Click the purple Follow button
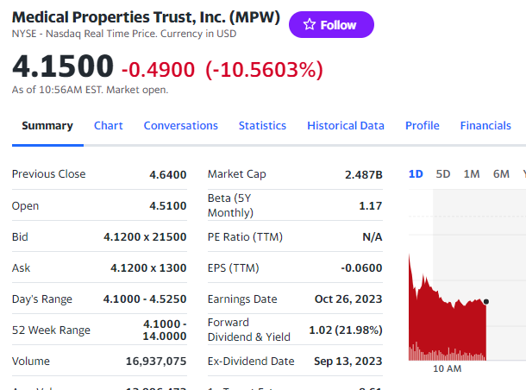[331, 25]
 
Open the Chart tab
[109, 125]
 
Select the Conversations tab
[181, 125]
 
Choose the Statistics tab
[262, 125]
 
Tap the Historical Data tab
[346, 125]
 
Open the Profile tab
[423, 125]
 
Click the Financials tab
[485, 125]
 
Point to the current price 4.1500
[63, 66]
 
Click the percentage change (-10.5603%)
[264, 68]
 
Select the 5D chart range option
[443, 173]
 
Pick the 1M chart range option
[472, 173]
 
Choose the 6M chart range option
[501, 173]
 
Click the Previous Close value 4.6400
[168, 174]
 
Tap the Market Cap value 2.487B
[363, 174]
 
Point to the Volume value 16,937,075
[156, 362]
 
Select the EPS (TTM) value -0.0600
[361, 268]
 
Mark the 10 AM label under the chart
[447, 368]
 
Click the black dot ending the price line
[486, 301]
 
